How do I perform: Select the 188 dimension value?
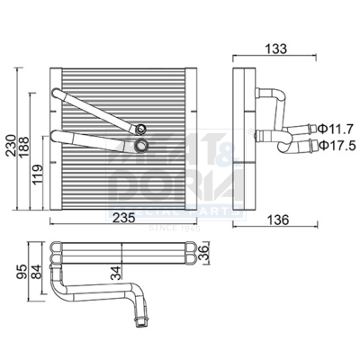tap(23, 148)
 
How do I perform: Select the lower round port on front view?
tap(141, 143)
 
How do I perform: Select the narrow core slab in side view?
tap(239, 140)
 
